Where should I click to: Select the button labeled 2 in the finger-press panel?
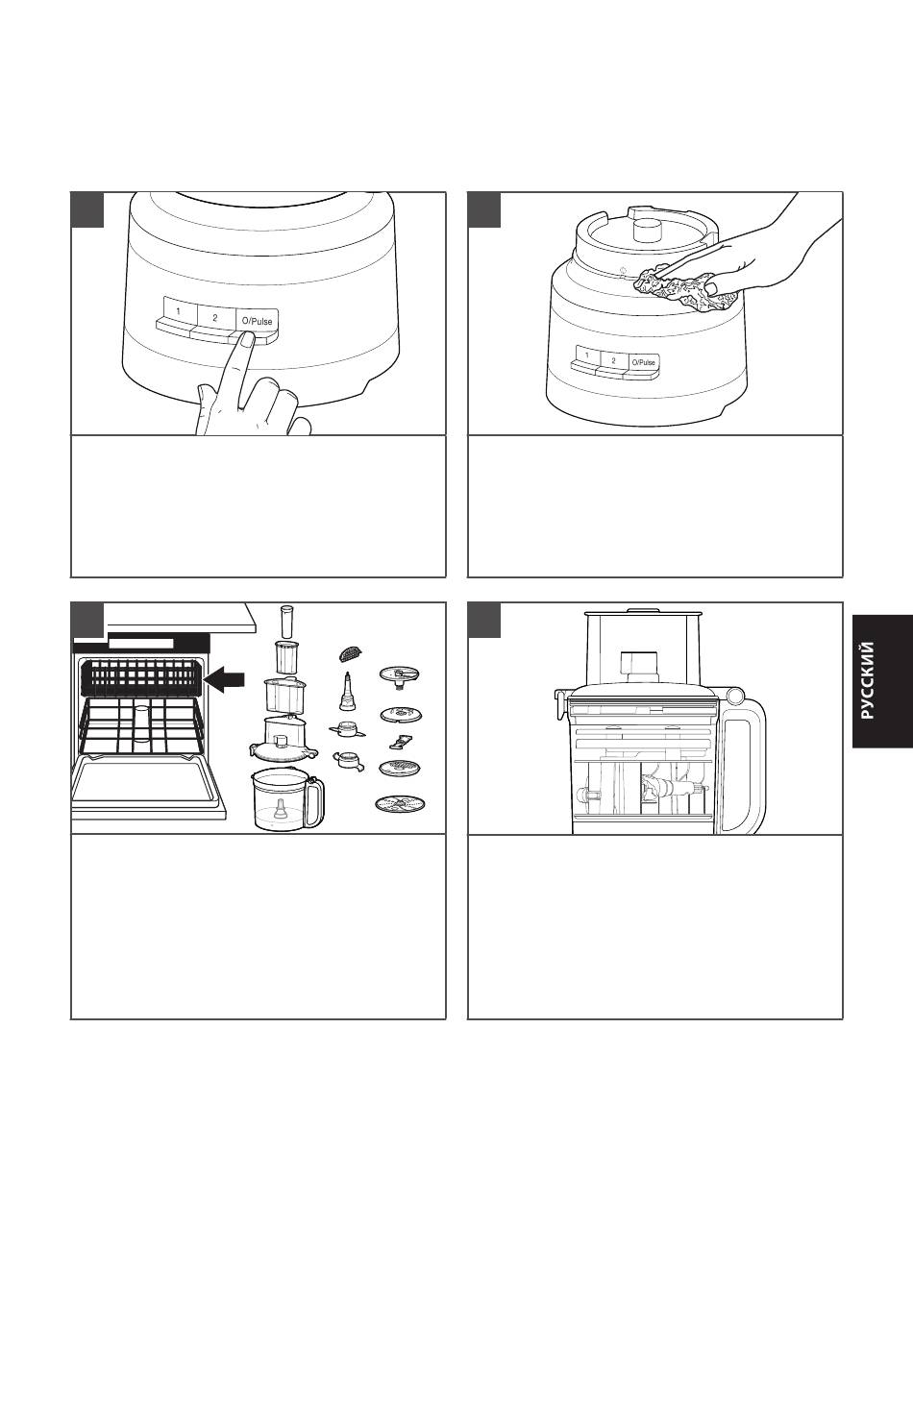tap(214, 317)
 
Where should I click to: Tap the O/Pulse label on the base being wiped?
tap(643, 362)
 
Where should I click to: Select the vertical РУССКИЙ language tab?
tap(882, 681)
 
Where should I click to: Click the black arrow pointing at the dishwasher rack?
tap(226, 679)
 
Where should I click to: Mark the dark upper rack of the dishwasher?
tap(142, 676)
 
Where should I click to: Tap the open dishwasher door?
tap(148, 787)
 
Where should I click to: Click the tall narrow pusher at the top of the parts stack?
tap(286, 622)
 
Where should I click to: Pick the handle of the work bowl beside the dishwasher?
tap(315, 801)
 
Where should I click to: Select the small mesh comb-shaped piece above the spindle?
tap(349, 652)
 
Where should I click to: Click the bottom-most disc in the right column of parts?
tap(400, 804)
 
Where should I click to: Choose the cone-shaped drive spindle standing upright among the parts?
tap(347, 692)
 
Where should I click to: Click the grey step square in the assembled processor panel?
tap(484, 620)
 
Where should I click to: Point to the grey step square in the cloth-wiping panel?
tap(484, 209)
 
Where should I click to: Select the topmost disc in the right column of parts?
tap(400, 674)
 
